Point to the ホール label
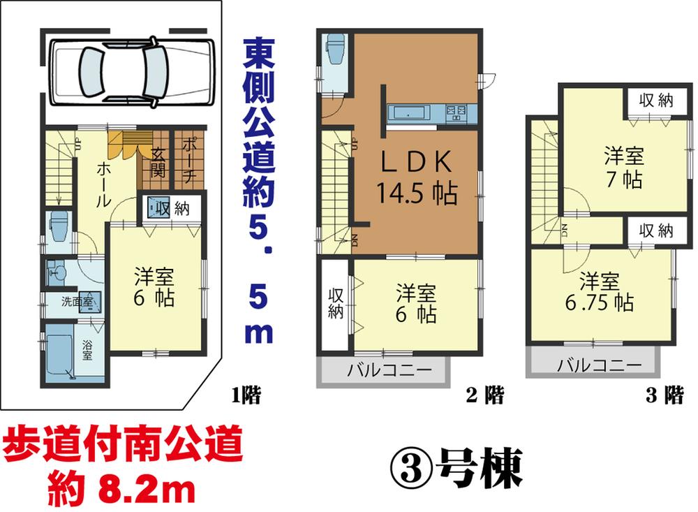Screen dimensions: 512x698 tap(103, 184)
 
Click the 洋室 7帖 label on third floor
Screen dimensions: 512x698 tap(624, 168)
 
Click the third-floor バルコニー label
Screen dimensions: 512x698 tap(600, 365)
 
